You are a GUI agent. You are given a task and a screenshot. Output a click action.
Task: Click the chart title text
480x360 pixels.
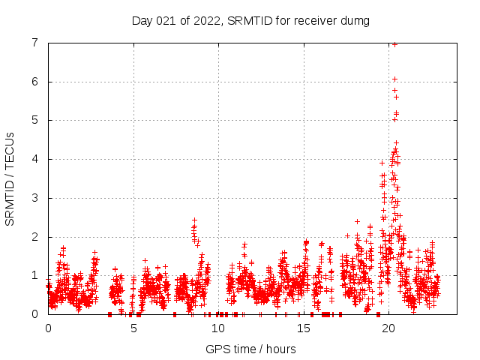(x=250, y=20)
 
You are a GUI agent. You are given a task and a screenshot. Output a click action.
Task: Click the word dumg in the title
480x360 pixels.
(x=356, y=21)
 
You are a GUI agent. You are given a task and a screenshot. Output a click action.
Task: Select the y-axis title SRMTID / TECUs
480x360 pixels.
(x=10, y=178)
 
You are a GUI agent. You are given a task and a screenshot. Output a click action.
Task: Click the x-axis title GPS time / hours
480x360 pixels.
(x=250, y=349)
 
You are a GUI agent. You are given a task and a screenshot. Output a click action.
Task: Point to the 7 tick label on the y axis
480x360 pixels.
(x=35, y=43)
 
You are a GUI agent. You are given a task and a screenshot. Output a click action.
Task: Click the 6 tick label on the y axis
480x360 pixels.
(x=35, y=82)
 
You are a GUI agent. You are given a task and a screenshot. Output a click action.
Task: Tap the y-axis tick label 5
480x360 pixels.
(x=35, y=120)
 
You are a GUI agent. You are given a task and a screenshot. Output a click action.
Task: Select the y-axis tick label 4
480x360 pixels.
(x=35, y=159)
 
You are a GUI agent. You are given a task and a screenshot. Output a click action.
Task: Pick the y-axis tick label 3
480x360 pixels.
(x=35, y=198)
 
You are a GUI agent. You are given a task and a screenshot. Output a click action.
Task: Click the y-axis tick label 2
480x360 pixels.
(x=35, y=237)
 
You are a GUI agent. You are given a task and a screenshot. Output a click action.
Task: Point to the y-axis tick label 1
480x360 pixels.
(x=35, y=275)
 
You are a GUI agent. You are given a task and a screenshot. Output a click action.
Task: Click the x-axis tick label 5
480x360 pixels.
(x=133, y=328)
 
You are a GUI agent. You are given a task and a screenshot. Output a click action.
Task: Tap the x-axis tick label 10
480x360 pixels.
(x=218, y=328)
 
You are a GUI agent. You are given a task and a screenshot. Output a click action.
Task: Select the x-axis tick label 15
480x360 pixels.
(x=304, y=328)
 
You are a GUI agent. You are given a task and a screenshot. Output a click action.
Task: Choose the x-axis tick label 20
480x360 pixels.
(x=388, y=328)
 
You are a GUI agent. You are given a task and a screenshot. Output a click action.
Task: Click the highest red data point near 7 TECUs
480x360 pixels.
(x=394, y=44)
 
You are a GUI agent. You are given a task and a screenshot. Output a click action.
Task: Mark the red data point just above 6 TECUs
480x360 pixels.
(x=394, y=79)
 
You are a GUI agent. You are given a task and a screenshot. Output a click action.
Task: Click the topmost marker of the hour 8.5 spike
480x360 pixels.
(x=194, y=220)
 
